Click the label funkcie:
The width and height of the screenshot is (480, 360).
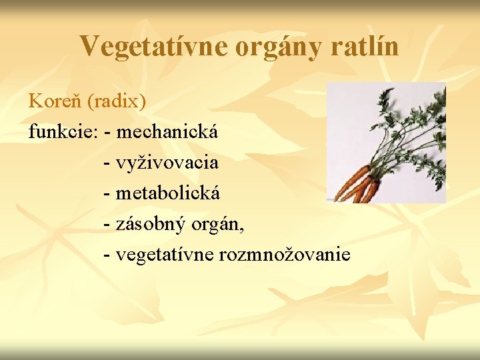click(63, 132)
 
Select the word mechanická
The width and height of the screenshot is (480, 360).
click(167, 132)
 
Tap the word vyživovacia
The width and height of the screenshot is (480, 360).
click(167, 163)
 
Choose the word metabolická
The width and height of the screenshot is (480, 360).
click(167, 193)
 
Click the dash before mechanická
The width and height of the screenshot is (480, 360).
click(109, 133)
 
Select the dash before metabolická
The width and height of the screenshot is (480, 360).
click(109, 194)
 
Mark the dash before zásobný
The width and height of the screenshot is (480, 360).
click(109, 225)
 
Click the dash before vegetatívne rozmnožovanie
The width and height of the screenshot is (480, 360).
click(109, 255)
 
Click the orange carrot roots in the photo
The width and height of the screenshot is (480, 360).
click(357, 185)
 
